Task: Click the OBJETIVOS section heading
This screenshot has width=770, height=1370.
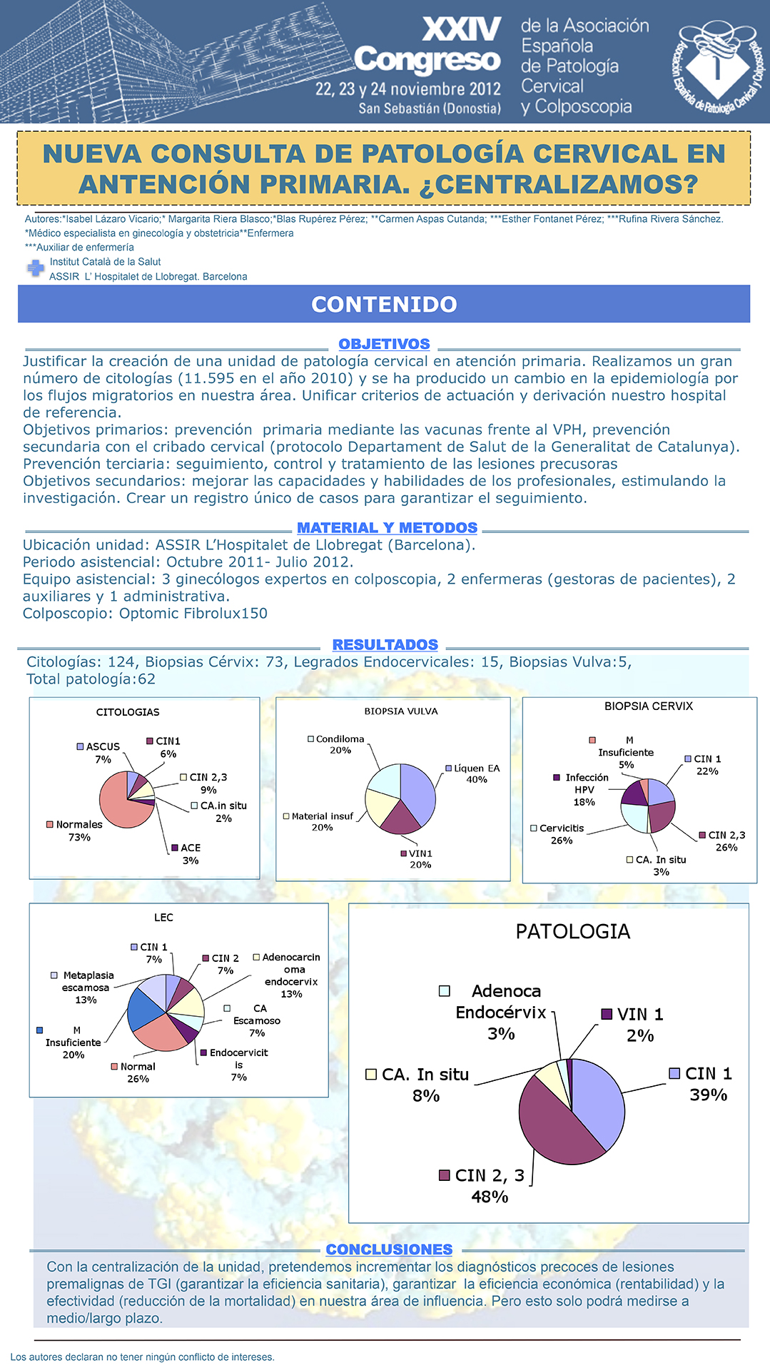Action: [384, 344]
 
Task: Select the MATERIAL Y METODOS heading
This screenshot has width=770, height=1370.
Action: [387, 528]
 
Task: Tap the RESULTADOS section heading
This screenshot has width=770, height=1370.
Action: [385, 645]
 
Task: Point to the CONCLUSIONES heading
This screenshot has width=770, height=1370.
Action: [389, 1249]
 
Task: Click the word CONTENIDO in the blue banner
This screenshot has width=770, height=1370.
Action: [384, 305]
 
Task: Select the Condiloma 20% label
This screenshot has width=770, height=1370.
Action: [337, 745]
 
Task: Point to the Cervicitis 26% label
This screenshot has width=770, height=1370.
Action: [557, 834]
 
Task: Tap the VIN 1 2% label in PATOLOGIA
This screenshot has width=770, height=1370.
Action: [633, 1025]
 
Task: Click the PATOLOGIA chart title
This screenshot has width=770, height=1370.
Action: [573, 932]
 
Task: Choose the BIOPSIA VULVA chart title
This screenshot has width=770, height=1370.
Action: [401, 711]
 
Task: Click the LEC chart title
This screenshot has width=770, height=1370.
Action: [163, 918]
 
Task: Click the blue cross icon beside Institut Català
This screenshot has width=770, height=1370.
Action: [35, 268]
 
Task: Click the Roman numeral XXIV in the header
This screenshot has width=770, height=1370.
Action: [462, 30]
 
